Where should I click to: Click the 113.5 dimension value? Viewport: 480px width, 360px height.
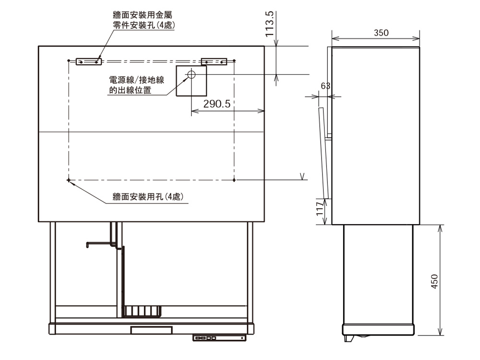pyautogui.click(x=270, y=24)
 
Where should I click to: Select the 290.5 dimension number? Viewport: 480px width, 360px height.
pyautogui.click(x=217, y=104)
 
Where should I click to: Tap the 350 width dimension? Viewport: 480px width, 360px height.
pyautogui.click(x=381, y=33)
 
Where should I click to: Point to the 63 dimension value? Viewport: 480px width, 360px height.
pyautogui.click(x=325, y=86)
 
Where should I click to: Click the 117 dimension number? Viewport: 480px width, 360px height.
pyautogui.click(x=320, y=209)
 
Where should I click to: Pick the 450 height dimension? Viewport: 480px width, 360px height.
pyautogui.click(x=434, y=281)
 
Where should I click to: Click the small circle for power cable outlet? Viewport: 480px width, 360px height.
pyautogui.click(x=192, y=74)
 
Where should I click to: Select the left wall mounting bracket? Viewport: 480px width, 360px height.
pyautogui.click(x=89, y=61)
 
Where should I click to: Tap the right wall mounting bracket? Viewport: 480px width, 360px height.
pyautogui.click(x=214, y=61)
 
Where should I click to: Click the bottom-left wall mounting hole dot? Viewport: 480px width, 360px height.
pyautogui.click(x=69, y=180)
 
